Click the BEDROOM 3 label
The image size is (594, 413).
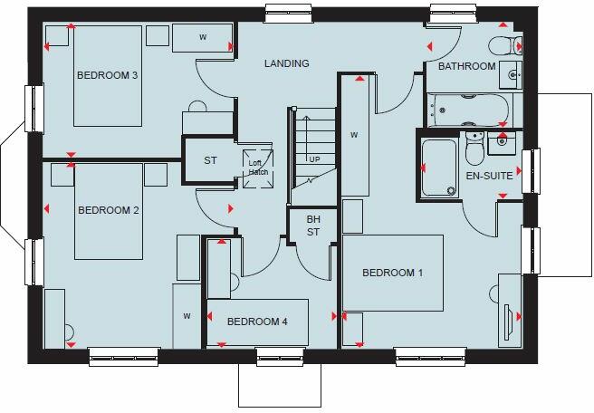coord(107,74)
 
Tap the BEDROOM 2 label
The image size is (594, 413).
coord(108,211)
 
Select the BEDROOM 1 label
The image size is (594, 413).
coord(393,273)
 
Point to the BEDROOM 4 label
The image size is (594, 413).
coord(257,322)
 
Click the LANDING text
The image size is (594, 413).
coord(286,63)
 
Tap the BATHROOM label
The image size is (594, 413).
coord(467,67)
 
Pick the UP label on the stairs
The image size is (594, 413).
coord(315,159)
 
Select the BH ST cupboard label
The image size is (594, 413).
coord(313,226)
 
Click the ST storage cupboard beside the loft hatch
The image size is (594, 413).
coord(210,161)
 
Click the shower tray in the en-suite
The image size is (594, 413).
coord(440,168)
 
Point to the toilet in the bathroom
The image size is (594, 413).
coord(501,46)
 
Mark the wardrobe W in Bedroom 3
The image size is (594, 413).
coord(203,38)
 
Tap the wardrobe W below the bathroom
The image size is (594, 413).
coord(355,136)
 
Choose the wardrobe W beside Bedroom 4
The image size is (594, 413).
coord(187,315)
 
